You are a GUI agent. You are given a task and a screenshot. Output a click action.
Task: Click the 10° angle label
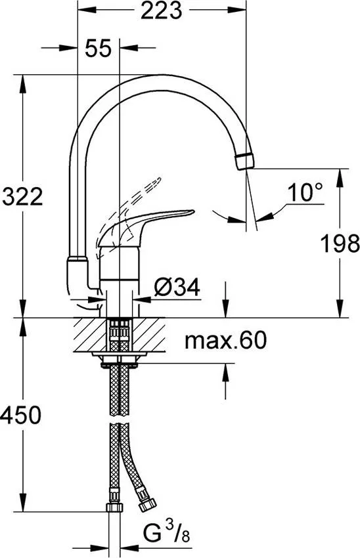pyautogui.click(x=305, y=192)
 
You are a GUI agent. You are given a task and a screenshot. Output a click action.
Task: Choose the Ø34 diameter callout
pyautogui.click(x=177, y=287)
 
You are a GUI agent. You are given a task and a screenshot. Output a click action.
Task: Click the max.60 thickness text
pyautogui.click(x=225, y=341)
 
